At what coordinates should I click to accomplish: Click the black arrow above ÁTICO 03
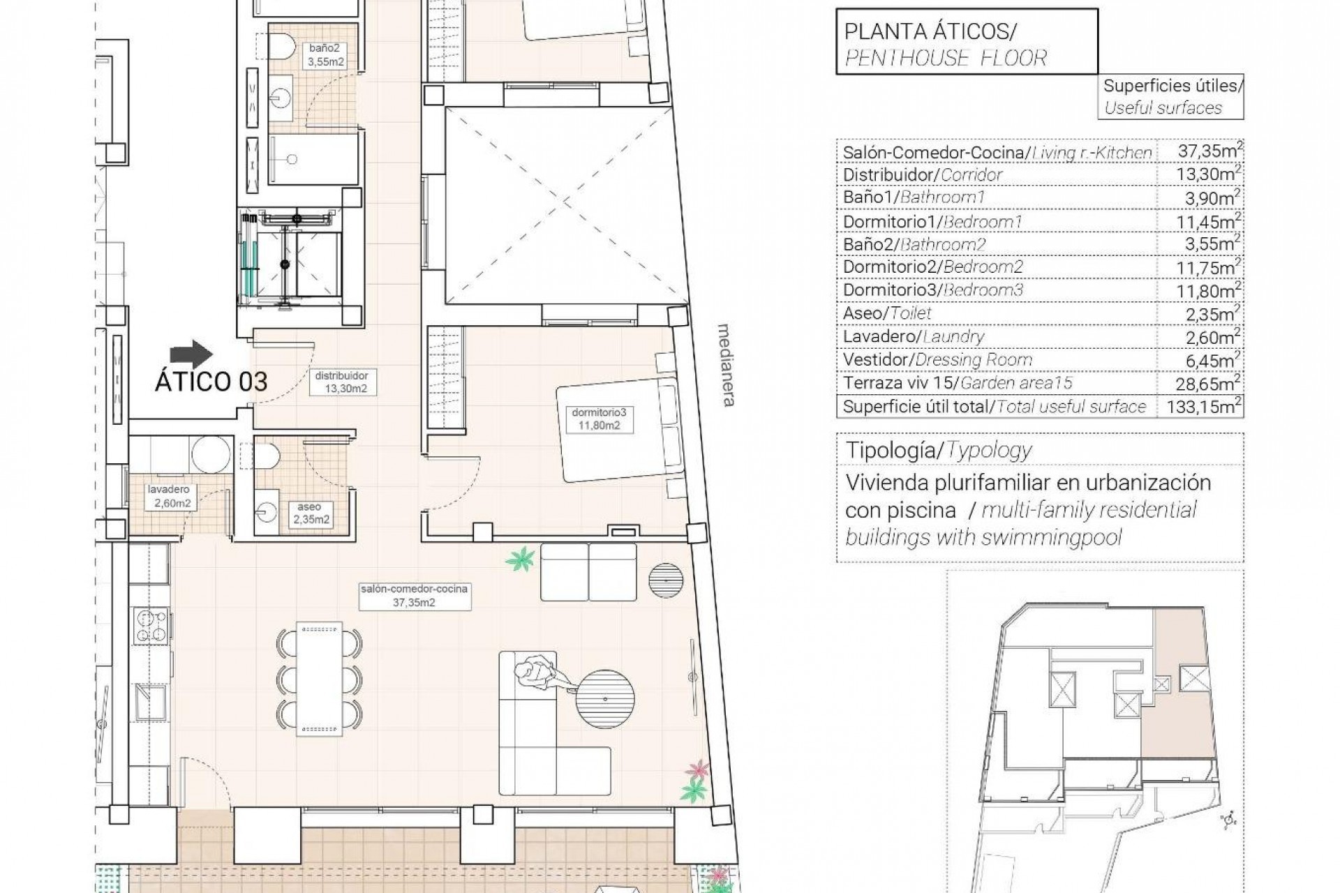192,354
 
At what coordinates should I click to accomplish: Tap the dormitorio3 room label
595,419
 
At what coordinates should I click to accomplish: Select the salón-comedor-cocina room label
414,595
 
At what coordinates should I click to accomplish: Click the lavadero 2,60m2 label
169,496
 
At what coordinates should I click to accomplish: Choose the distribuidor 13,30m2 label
341,382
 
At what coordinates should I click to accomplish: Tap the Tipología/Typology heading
938,450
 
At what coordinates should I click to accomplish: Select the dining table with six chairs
320,678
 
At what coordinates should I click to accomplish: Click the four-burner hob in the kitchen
151,626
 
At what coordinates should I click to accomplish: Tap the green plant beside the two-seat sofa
519,560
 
